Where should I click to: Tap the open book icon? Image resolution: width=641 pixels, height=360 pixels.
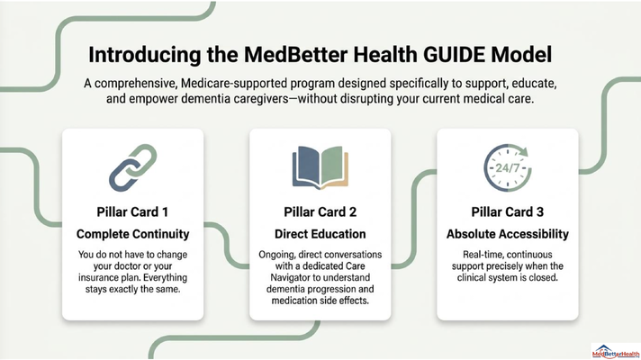pyautogui.click(x=320, y=167)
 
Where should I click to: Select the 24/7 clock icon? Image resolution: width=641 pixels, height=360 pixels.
pyautogui.click(x=508, y=167)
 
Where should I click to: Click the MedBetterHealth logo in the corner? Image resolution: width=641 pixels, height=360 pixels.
pyautogui.click(x=615, y=351)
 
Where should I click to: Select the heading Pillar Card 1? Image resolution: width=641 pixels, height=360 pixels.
pyautogui.click(x=132, y=212)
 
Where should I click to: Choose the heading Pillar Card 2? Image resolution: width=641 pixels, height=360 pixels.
pyautogui.click(x=320, y=212)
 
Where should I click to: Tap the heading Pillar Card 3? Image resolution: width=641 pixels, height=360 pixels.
pyautogui.click(x=508, y=212)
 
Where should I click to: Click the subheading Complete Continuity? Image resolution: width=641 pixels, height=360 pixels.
pyautogui.click(x=133, y=234)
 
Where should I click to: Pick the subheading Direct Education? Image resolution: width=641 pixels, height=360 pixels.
pyautogui.click(x=320, y=234)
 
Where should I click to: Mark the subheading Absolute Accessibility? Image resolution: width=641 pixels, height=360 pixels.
pyautogui.click(x=508, y=234)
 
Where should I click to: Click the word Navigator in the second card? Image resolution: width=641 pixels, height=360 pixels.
pyautogui.click(x=291, y=278)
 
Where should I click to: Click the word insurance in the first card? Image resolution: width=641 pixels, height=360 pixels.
pyautogui.click(x=97, y=278)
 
